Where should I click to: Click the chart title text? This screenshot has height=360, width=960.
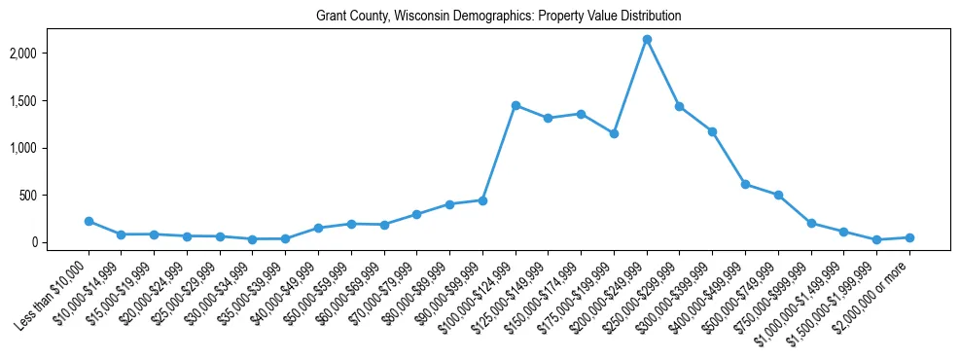pos(498,17)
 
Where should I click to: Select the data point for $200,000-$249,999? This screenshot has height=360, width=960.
pos(647,40)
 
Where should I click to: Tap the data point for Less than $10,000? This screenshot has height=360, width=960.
pos(89,222)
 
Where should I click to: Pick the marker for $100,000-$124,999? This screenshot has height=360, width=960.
pos(516,105)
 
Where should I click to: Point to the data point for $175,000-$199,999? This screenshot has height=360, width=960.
pos(614,133)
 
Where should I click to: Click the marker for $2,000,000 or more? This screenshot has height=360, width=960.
pos(909,237)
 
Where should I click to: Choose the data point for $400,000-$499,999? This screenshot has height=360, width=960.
pos(745,184)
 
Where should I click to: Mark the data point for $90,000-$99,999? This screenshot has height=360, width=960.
pos(482,200)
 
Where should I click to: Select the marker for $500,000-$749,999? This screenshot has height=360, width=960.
pos(778,195)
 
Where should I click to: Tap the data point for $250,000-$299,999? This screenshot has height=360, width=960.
pos(680,106)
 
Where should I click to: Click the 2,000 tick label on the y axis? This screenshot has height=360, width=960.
pos(49,54)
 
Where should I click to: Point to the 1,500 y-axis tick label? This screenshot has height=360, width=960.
pos(49,101)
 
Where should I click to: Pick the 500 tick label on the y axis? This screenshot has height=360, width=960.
pos(54,196)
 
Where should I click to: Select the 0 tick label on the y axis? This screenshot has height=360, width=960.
pos(60,242)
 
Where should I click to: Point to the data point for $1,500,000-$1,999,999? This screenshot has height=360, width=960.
pos(876,239)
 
